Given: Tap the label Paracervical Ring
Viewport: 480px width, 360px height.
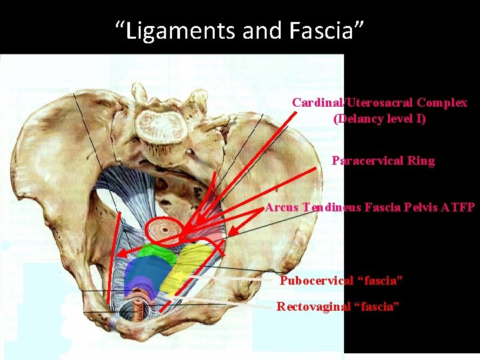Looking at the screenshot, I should (383, 161).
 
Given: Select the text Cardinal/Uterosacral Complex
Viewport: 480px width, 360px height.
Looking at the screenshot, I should (379, 103).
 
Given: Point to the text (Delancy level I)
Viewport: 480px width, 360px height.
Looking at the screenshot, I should (379, 119).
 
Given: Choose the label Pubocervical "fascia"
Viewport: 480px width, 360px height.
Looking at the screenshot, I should (341, 281).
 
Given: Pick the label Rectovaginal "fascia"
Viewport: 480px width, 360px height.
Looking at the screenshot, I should (338, 307).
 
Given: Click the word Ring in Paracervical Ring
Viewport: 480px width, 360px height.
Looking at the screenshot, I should (421, 161).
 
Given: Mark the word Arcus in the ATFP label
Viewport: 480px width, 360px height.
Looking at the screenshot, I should (282, 207).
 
